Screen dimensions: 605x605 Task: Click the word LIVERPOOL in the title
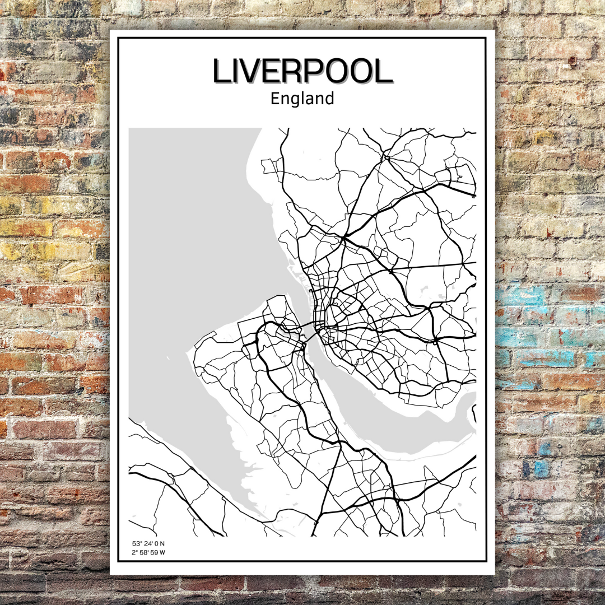click(x=302, y=72)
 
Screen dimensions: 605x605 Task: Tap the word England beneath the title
click(x=302, y=99)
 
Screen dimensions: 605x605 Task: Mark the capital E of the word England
click(x=275, y=99)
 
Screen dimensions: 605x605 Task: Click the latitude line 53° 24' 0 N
click(x=148, y=543)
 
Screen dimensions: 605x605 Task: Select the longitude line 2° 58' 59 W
click(x=148, y=552)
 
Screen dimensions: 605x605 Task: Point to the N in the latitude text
click(x=163, y=543)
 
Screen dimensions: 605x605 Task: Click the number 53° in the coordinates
click(x=137, y=543)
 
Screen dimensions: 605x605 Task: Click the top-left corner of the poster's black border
click(x=118, y=38)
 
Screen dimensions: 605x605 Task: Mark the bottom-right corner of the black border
click(x=486, y=561)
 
